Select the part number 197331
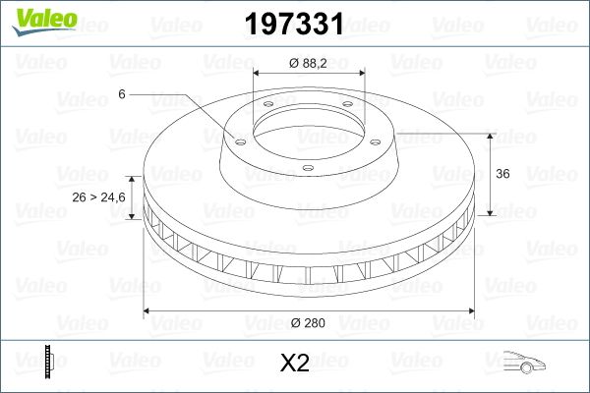[295, 23]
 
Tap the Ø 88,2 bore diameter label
[309, 63]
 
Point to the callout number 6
[121, 93]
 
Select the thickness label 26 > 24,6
[99, 197]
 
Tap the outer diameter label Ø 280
[309, 322]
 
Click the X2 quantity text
[295, 365]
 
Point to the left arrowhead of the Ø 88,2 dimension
[257, 74]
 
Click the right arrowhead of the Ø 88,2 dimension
[362, 74]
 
